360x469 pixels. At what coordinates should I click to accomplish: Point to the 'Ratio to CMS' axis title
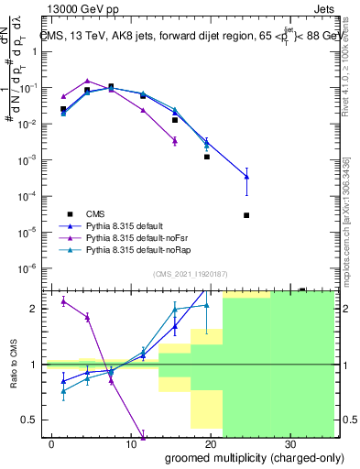click(x=12, y=364)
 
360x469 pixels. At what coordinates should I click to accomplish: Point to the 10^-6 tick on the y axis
click(x=32, y=268)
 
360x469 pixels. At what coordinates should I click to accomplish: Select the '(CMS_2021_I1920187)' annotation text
click(x=190, y=273)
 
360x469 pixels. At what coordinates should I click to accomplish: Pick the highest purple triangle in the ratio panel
click(x=63, y=301)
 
